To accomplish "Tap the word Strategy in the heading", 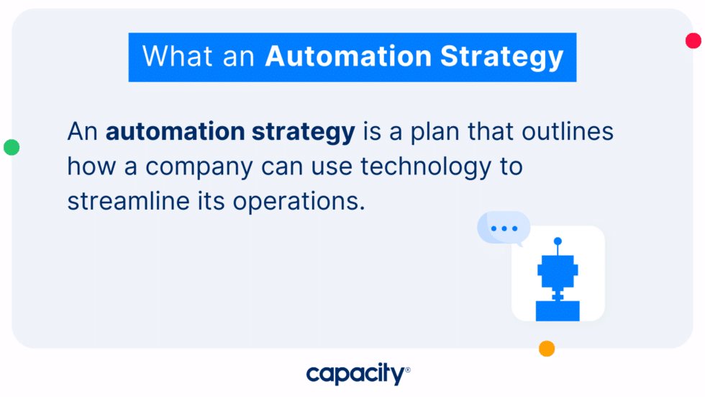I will [503, 58].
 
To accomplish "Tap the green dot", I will [12, 147].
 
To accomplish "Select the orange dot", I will [547, 349].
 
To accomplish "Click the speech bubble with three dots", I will [504, 228].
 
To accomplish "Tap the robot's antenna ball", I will [558, 241].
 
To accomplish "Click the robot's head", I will [558, 270].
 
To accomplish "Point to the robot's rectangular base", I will [558, 311].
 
